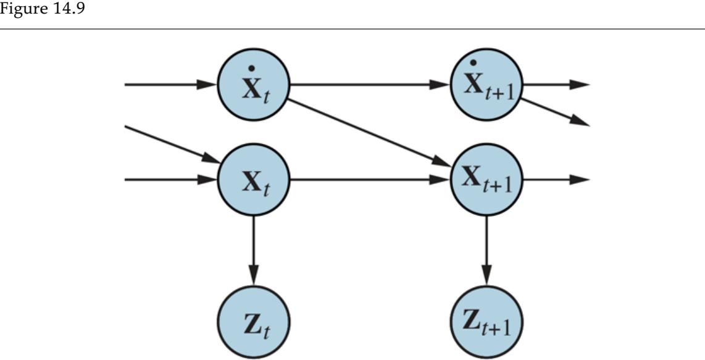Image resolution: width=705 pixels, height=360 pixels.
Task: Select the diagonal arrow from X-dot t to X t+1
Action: pos(370,132)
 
